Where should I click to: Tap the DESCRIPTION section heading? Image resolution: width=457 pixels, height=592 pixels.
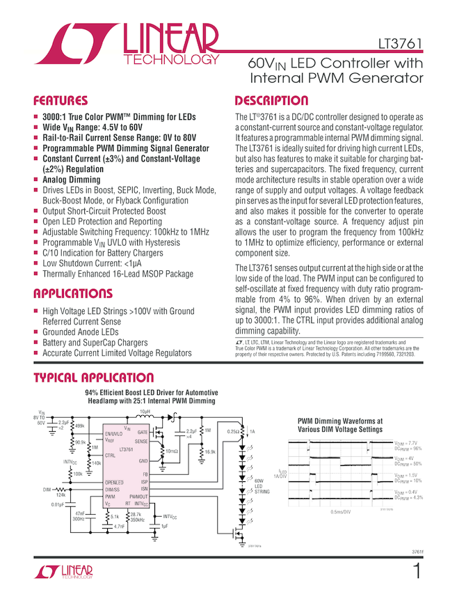click(x=271, y=100)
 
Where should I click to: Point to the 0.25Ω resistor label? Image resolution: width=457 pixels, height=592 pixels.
click(x=234, y=432)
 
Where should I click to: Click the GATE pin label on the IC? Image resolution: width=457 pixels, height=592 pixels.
click(x=142, y=433)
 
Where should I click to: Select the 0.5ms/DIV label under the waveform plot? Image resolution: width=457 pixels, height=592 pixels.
click(x=340, y=512)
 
